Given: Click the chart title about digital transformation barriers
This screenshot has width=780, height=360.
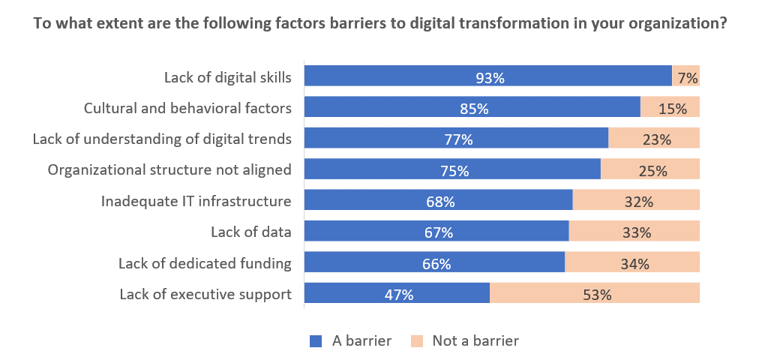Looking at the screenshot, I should coord(379,23).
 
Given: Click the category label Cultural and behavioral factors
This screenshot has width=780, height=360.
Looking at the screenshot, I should coord(187,108).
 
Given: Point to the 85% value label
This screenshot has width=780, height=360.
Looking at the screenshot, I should coord(474,109).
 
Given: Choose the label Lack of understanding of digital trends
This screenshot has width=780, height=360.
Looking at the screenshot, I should coord(162,139).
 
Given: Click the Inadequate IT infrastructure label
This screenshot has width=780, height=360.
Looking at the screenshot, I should coord(196,201).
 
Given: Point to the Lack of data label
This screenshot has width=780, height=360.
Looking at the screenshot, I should coord(250,232).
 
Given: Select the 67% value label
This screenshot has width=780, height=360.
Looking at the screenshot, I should coord(438,232).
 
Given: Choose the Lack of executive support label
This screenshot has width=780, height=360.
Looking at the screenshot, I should coord(205,294).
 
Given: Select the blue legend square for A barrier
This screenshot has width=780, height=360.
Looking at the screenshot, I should coord(315,341).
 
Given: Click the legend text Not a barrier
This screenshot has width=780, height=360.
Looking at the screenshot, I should coord(475,341).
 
